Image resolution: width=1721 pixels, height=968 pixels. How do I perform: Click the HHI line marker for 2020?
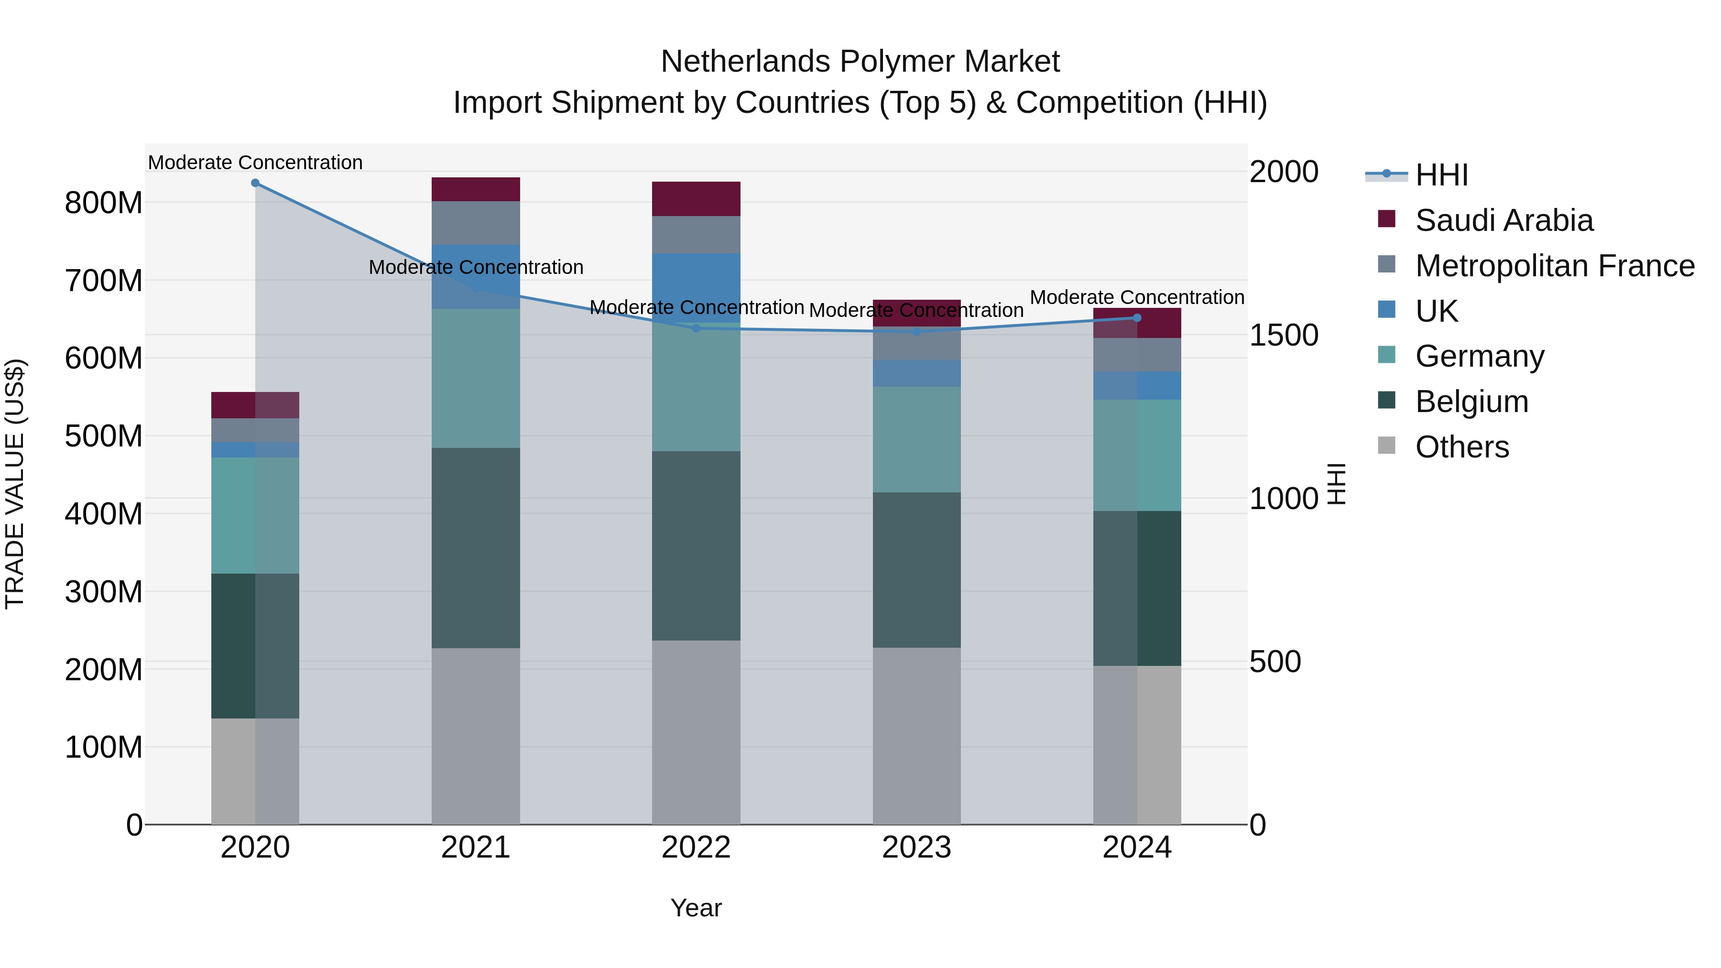(255, 183)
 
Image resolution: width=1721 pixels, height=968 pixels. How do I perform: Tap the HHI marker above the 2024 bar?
(1137, 318)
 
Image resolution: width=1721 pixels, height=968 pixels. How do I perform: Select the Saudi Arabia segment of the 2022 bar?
(696, 198)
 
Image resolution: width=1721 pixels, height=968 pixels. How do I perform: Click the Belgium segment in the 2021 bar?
(476, 548)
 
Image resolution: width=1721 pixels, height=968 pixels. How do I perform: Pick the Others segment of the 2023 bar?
(916, 735)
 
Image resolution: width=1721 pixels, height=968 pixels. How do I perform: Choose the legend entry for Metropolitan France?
(1555, 266)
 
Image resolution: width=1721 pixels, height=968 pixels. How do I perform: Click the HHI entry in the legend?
(1441, 175)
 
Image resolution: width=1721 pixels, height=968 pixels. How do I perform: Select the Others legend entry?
(1462, 447)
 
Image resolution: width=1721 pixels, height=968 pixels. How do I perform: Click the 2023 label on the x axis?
(916, 848)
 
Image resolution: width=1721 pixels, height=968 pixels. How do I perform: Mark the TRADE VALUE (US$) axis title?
(15, 484)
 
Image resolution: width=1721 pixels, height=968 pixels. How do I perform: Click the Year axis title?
(696, 908)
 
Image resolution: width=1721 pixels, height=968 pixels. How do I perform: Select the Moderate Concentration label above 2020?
(255, 163)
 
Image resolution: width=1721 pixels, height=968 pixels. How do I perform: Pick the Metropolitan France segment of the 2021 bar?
(476, 223)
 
